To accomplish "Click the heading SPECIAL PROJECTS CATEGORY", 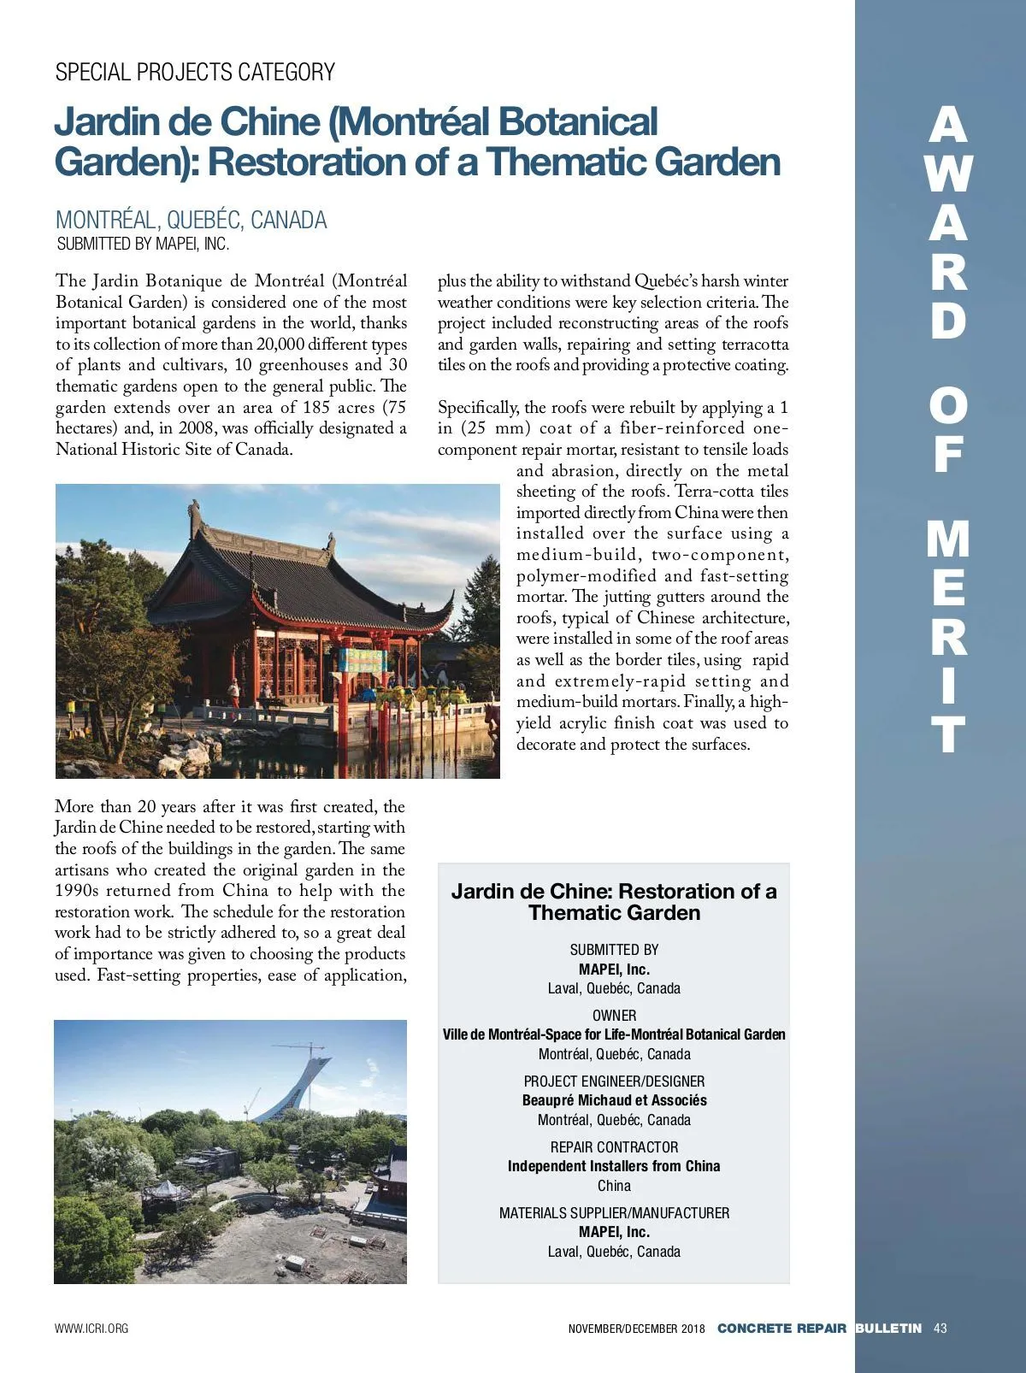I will click(x=195, y=72).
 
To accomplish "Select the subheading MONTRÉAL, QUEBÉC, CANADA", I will click(x=191, y=220).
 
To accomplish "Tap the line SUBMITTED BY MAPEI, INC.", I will click(x=143, y=244).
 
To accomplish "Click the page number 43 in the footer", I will click(x=940, y=1329).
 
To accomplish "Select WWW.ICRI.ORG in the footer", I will click(x=91, y=1329).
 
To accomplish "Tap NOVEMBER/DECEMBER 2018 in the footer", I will click(x=636, y=1329).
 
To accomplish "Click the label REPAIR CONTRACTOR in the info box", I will click(x=614, y=1147).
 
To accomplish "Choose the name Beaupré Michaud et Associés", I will click(x=614, y=1100).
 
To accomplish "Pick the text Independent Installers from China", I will click(x=614, y=1166).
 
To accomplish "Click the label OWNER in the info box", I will click(x=614, y=1016).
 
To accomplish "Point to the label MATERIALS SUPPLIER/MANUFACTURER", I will click(x=614, y=1213).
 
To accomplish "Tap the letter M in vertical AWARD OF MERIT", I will click(x=947, y=540).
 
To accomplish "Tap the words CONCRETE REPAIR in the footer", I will click(x=781, y=1329).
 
